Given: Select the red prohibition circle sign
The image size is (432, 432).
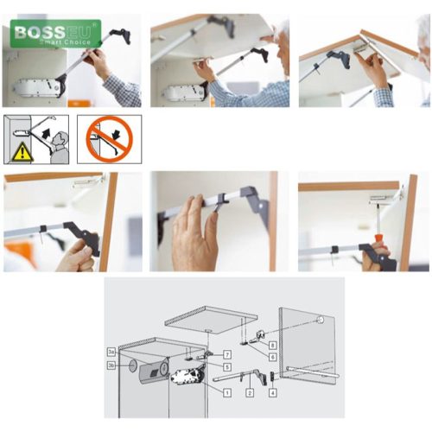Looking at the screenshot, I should coord(108,138).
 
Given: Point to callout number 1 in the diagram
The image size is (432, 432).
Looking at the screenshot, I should coord(227,392).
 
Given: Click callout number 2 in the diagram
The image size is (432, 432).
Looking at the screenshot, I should coord(249,392).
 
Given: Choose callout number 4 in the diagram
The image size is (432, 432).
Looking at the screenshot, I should coord(273,392).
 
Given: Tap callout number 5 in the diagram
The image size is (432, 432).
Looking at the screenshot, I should coord(226,367).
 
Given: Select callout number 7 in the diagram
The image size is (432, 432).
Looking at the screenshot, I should coord(226,354).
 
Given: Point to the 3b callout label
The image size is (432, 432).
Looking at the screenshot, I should coord(111,365).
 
